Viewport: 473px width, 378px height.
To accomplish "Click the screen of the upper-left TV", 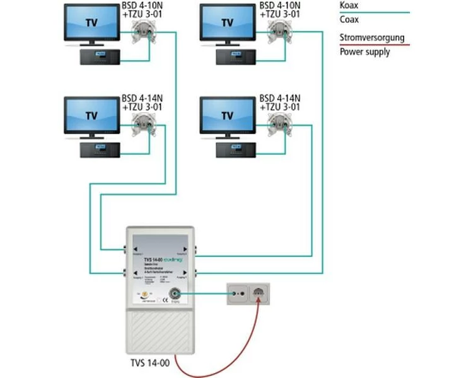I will [x=91, y=23].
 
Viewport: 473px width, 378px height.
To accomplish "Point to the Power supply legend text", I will [x=365, y=52].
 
